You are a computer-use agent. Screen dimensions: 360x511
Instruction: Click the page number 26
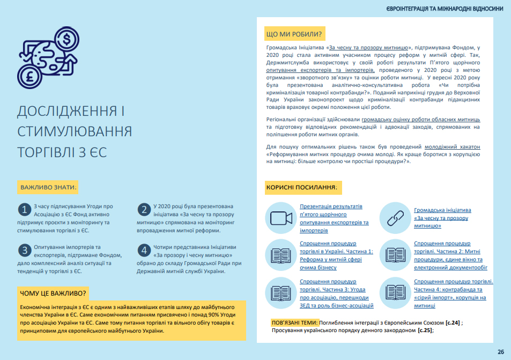pos(500,352)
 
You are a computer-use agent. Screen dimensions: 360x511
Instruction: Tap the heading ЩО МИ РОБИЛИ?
pos(293,35)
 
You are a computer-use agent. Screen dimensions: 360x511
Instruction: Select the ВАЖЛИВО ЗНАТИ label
pos(48,188)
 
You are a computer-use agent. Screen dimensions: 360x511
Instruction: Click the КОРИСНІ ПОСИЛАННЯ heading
pos(301,188)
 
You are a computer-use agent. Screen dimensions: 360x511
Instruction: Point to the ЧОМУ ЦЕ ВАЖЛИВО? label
pos(53,293)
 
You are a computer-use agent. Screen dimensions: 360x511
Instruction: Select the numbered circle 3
pos(24,250)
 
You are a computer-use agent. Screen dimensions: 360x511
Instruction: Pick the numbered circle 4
pos(144,250)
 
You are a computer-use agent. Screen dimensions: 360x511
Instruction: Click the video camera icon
pos(279,217)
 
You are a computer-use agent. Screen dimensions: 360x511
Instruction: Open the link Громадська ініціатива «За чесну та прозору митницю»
pos(442,218)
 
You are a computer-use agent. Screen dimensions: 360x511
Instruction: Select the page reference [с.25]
pos(425,330)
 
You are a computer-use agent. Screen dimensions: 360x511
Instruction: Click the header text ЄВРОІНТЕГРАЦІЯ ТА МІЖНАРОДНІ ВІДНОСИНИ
pos(445,9)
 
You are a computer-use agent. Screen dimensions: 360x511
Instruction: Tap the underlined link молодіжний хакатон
pos(452,146)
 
